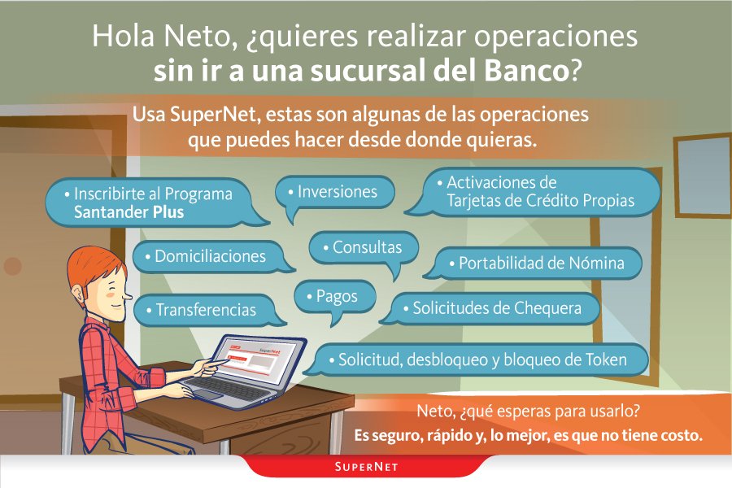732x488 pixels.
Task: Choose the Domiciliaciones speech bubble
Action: pos(210,256)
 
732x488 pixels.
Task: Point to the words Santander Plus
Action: pos(129,212)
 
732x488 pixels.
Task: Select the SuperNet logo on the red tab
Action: pos(365,468)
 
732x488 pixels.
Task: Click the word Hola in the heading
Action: pos(122,37)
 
